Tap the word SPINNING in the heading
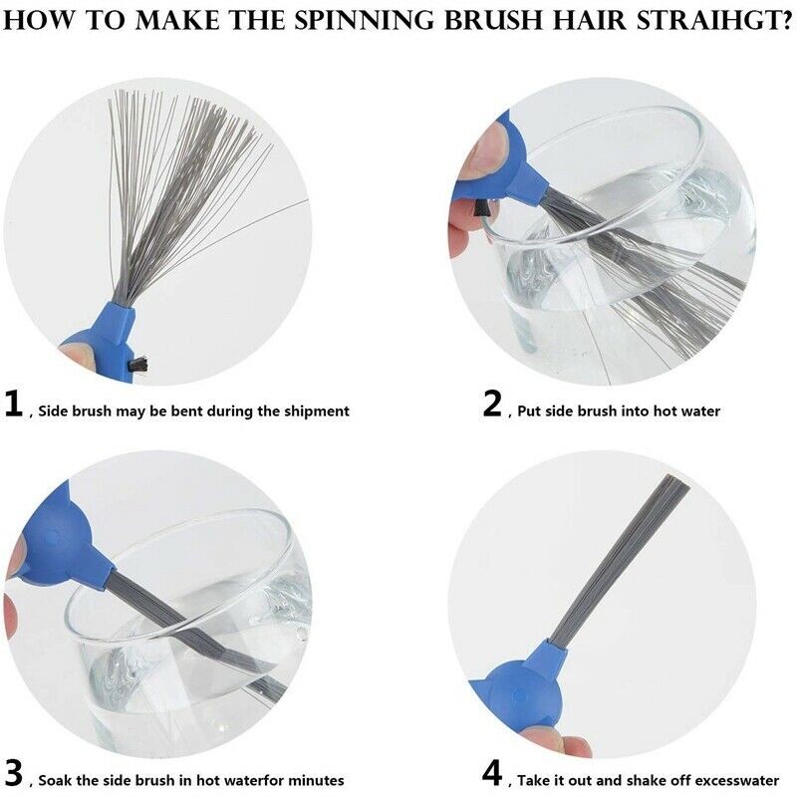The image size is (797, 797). [364, 19]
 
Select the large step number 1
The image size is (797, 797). [13, 404]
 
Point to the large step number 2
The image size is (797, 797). [492, 404]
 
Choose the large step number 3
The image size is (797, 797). [14, 773]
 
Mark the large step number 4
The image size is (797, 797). [492, 773]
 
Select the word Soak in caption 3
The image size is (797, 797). [55, 780]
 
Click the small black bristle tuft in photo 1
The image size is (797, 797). [137, 364]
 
